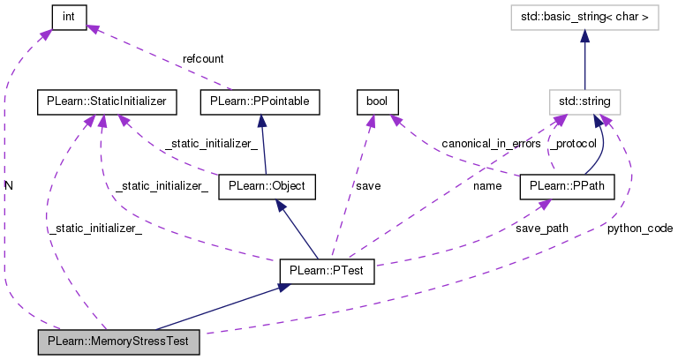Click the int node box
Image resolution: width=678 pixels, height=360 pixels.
(x=68, y=16)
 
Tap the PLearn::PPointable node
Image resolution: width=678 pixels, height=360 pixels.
(x=260, y=101)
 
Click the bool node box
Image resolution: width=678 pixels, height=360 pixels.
(x=378, y=101)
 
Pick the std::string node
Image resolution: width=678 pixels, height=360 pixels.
(x=584, y=101)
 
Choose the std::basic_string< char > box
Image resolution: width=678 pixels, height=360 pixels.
(x=584, y=16)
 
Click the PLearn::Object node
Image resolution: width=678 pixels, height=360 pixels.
(x=267, y=186)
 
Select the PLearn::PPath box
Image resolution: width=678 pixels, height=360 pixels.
(x=566, y=186)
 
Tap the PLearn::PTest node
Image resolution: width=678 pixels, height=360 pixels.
(x=327, y=271)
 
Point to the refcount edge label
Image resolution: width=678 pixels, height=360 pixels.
(x=203, y=58)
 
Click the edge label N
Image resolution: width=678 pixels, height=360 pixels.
(x=9, y=186)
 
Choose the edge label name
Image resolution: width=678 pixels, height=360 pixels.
(x=486, y=186)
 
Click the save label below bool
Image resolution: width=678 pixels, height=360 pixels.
(x=368, y=186)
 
